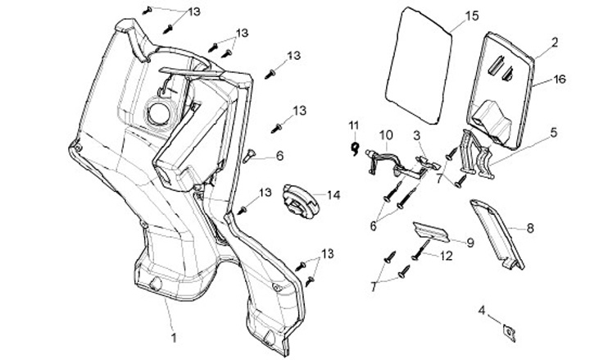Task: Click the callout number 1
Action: point(174,336)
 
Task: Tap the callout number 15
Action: point(470,16)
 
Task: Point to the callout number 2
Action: point(554,41)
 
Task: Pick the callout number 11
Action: point(354,125)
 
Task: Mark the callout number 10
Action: point(385,134)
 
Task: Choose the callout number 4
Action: point(482,310)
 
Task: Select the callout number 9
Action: point(470,242)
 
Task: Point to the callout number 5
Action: point(554,131)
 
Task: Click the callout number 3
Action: point(417,134)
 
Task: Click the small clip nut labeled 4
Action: point(508,330)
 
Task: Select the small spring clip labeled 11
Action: point(354,148)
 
